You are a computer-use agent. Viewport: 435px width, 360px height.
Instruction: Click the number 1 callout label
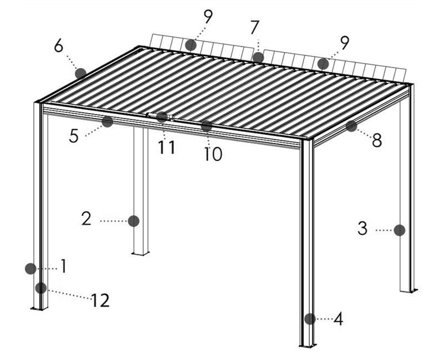[64, 266]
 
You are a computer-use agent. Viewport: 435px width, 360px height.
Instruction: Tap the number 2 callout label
[86, 219]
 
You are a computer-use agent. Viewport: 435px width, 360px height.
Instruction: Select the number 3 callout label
[362, 228]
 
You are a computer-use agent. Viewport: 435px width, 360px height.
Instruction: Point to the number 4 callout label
[338, 318]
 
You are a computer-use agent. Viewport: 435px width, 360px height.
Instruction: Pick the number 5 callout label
[74, 136]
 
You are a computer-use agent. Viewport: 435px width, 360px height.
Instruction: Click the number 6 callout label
[59, 45]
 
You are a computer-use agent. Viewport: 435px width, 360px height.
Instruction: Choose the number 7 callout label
[255, 28]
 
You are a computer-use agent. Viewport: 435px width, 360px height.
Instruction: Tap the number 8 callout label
[377, 140]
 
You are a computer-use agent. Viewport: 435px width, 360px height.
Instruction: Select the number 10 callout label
[213, 154]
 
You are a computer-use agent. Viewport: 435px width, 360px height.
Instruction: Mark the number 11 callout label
[167, 147]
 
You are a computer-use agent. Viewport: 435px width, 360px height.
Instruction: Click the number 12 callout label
[100, 300]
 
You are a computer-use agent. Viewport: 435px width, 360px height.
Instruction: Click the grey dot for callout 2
[134, 221]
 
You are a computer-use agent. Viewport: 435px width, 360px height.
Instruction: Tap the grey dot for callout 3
[400, 230]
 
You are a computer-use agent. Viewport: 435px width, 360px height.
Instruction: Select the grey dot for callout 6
[80, 74]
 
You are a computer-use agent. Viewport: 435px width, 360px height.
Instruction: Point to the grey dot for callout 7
[258, 58]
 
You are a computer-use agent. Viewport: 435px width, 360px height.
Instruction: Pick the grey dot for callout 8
[351, 126]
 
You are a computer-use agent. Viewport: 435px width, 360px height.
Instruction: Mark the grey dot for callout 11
[162, 117]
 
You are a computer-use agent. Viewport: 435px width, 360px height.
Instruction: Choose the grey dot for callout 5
[108, 121]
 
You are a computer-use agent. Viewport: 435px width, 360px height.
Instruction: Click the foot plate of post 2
[140, 254]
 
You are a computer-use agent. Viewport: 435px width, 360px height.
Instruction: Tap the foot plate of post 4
[308, 346]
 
